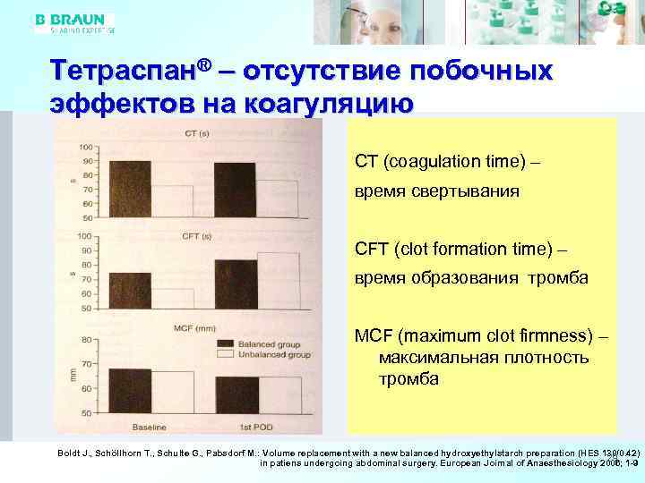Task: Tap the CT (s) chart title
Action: pyautogui.click(x=197, y=134)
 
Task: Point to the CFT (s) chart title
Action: pyautogui.click(x=196, y=236)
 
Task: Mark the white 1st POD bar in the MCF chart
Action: pyautogui.click(x=279, y=394)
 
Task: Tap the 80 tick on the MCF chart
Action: pyautogui.click(x=86, y=340)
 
